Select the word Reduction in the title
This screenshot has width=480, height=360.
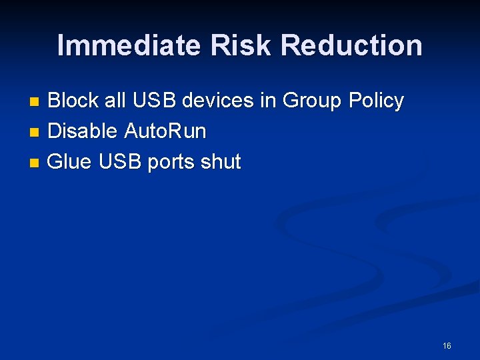351,46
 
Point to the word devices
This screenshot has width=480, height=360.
218,101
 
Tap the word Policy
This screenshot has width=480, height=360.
377,101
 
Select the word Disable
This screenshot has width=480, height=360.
83,131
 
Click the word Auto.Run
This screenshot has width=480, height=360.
165,131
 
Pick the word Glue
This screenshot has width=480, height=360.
71,162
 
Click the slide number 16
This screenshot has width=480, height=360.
447,345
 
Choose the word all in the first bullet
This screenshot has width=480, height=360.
115,101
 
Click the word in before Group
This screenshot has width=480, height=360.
268,101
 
